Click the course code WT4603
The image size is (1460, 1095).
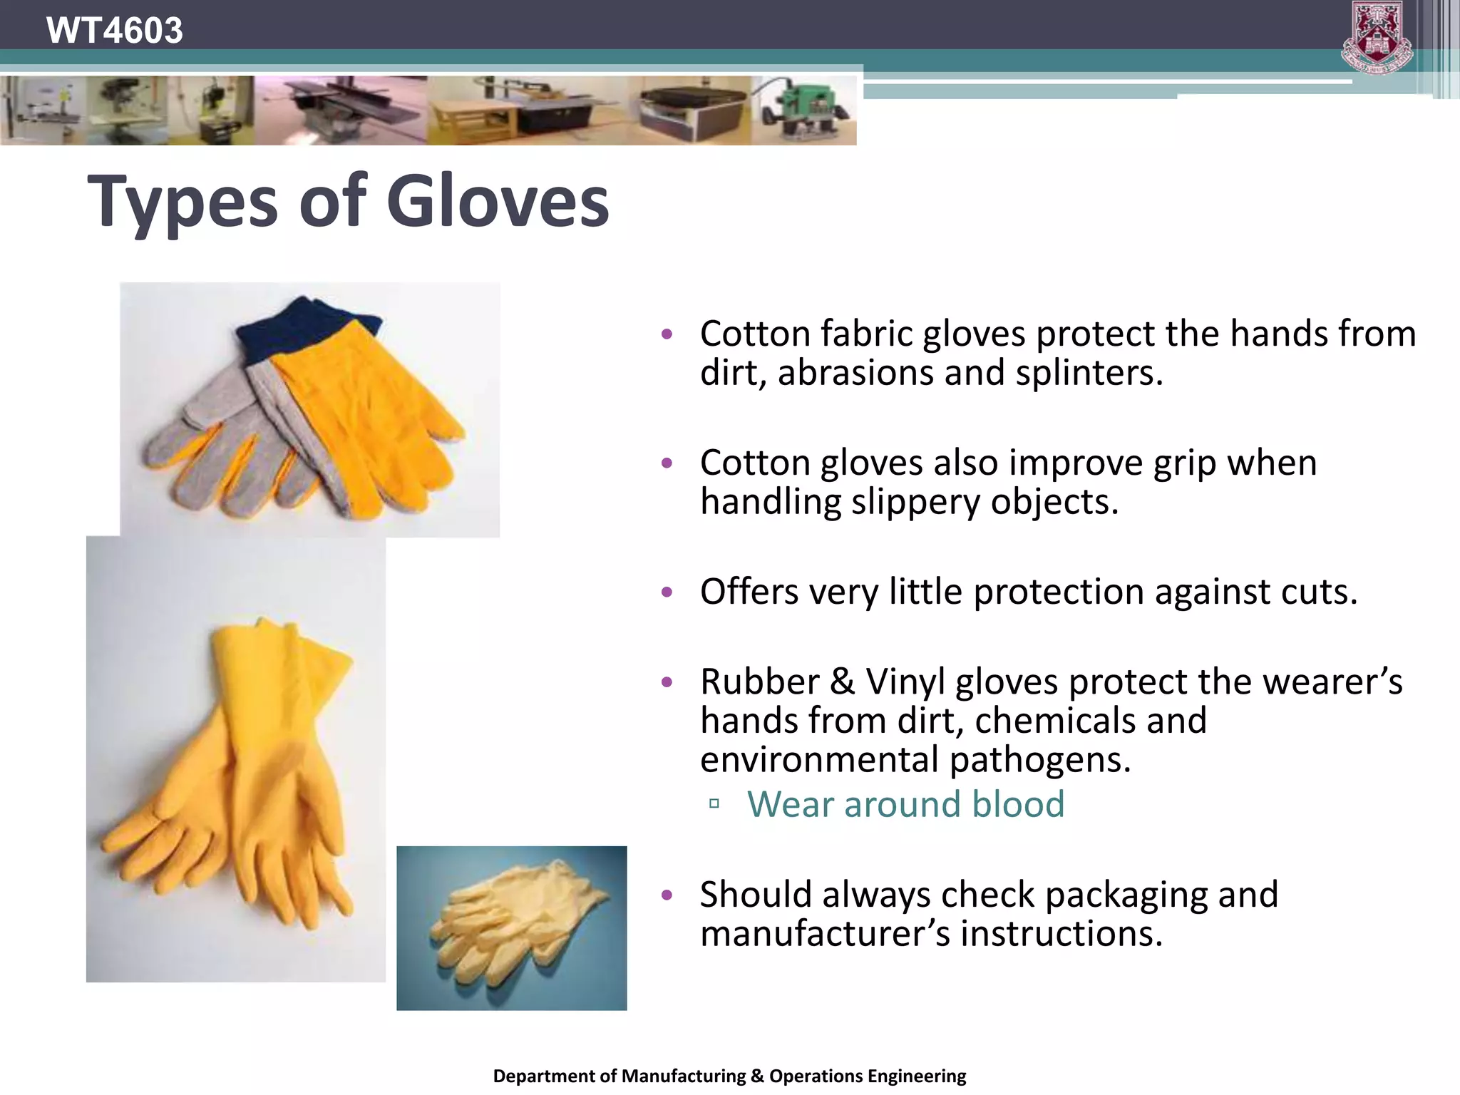114,31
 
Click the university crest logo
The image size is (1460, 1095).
1377,37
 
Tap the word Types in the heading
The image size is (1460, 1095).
182,203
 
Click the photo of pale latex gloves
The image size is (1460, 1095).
511,927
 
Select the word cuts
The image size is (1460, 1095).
1319,592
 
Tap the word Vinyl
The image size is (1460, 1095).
905,682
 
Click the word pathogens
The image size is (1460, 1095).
1040,760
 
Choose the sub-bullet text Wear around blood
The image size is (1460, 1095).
905,804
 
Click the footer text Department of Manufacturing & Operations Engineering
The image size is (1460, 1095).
729,1076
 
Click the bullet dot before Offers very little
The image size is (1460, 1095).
667,592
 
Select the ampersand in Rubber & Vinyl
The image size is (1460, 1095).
842,682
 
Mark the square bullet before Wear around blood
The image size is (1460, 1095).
714,804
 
